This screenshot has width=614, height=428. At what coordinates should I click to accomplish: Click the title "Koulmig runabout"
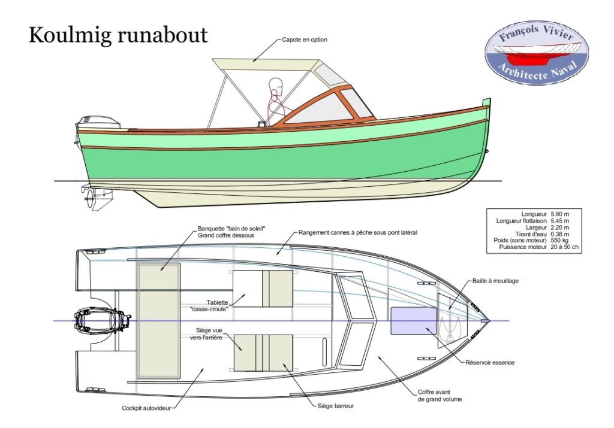(x=118, y=35)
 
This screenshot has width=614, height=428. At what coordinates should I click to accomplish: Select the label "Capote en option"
(x=304, y=40)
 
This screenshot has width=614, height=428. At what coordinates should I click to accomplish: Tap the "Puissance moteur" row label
(x=520, y=247)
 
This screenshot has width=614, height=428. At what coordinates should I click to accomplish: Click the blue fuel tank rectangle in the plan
(x=413, y=320)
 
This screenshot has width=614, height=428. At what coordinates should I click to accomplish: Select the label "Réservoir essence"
(x=490, y=362)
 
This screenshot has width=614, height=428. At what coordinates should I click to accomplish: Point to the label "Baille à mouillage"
(x=495, y=280)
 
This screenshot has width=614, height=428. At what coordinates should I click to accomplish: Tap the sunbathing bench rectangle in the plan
(x=159, y=321)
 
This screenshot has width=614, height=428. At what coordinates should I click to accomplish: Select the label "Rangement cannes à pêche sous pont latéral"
(x=358, y=232)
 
